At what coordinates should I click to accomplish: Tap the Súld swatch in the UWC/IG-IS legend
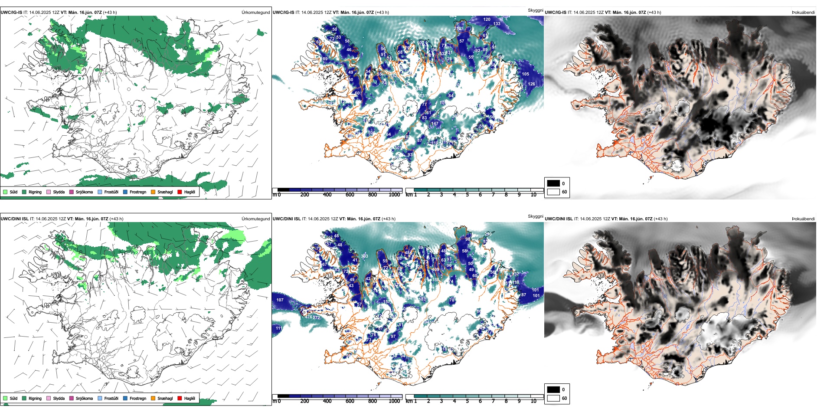[x=5, y=192]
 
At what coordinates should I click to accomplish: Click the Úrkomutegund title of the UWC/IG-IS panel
[x=255, y=13]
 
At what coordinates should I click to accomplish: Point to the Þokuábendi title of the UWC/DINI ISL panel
[x=803, y=219]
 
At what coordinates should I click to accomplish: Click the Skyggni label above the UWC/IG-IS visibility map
[x=535, y=10]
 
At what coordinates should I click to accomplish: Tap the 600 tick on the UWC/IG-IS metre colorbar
[x=350, y=195]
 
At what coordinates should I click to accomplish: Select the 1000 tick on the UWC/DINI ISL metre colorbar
[x=394, y=401]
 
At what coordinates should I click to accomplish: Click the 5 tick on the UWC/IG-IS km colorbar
[x=468, y=195]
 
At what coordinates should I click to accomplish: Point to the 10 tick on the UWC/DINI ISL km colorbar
[x=533, y=401]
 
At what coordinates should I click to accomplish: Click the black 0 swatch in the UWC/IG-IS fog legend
[x=553, y=183]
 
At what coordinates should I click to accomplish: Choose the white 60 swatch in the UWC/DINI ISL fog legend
[x=553, y=398]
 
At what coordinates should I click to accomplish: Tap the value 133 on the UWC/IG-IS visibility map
[x=497, y=24]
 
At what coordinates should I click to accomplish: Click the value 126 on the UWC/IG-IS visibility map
[x=531, y=84]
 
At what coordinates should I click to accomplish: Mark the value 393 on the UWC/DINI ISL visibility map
[x=364, y=256]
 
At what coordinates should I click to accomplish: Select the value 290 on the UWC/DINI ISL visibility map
[x=488, y=234]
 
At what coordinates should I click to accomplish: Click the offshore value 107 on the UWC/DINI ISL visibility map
[x=280, y=300]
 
